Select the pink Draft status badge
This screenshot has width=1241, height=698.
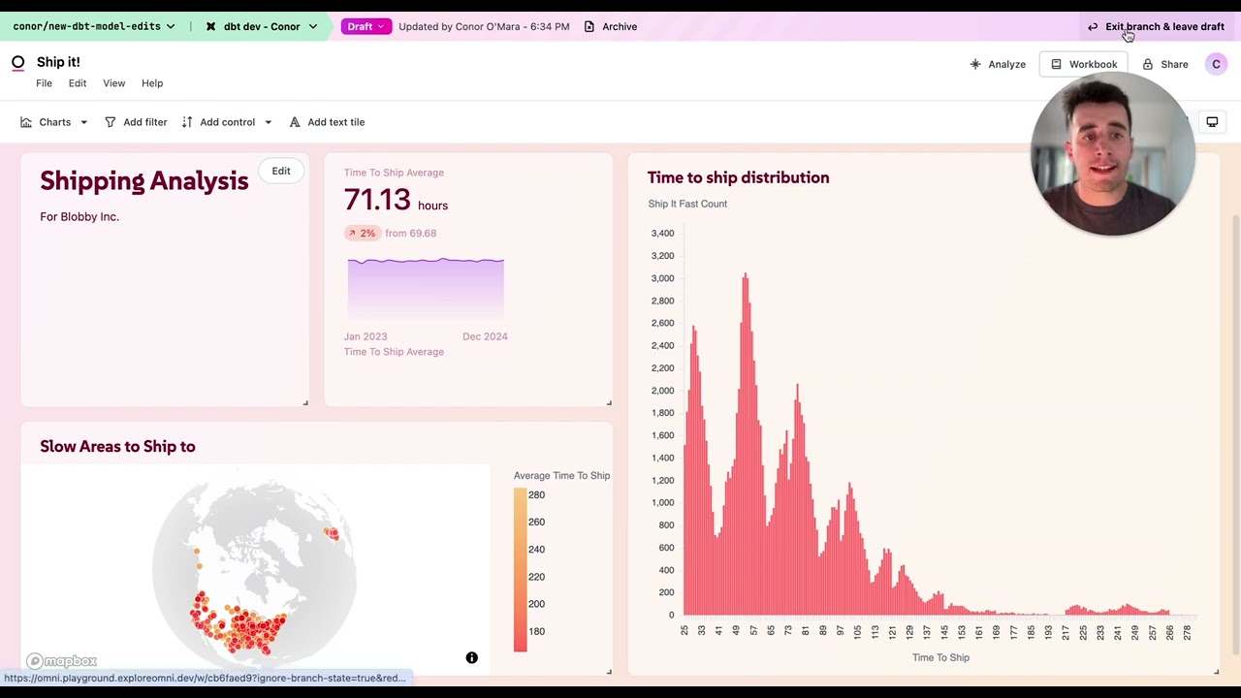[366, 27]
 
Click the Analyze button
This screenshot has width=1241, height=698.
[998, 64]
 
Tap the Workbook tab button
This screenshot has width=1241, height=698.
[1083, 64]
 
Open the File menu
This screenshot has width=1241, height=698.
[45, 83]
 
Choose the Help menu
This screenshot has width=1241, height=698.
[152, 83]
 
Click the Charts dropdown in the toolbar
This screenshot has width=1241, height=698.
[54, 122]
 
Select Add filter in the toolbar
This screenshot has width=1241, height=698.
[136, 122]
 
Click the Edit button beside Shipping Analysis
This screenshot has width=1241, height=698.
[281, 171]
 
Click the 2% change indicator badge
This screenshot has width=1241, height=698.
[362, 234]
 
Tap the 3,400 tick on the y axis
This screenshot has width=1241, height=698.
[662, 234]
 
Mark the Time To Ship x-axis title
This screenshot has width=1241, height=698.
[940, 657]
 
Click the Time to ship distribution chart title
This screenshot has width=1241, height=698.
[738, 177]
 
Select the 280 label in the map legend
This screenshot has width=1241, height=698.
[536, 495]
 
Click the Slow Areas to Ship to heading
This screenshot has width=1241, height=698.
[117, 447]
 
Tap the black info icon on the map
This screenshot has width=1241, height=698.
[472, 658]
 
